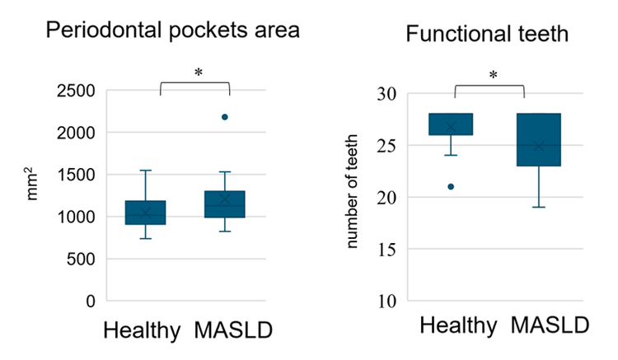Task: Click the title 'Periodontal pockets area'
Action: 172,30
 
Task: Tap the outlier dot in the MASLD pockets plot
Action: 225,117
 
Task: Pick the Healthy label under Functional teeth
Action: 458,325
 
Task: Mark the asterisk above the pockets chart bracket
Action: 198,73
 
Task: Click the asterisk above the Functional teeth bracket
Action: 493,76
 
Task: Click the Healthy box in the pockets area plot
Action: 145,213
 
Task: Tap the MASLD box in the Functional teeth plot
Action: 539,140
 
